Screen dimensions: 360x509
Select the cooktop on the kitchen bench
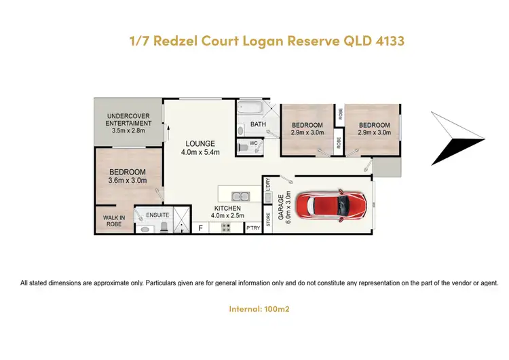(x=225, y=229)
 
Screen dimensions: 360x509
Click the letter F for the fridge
(x=200, y=229)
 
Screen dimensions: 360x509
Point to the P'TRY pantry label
(x=252, y=229)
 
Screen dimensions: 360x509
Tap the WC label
(x=252, y=144)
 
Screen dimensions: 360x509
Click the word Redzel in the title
(x=183, y=41)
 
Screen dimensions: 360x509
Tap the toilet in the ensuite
(x=146, y=229)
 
